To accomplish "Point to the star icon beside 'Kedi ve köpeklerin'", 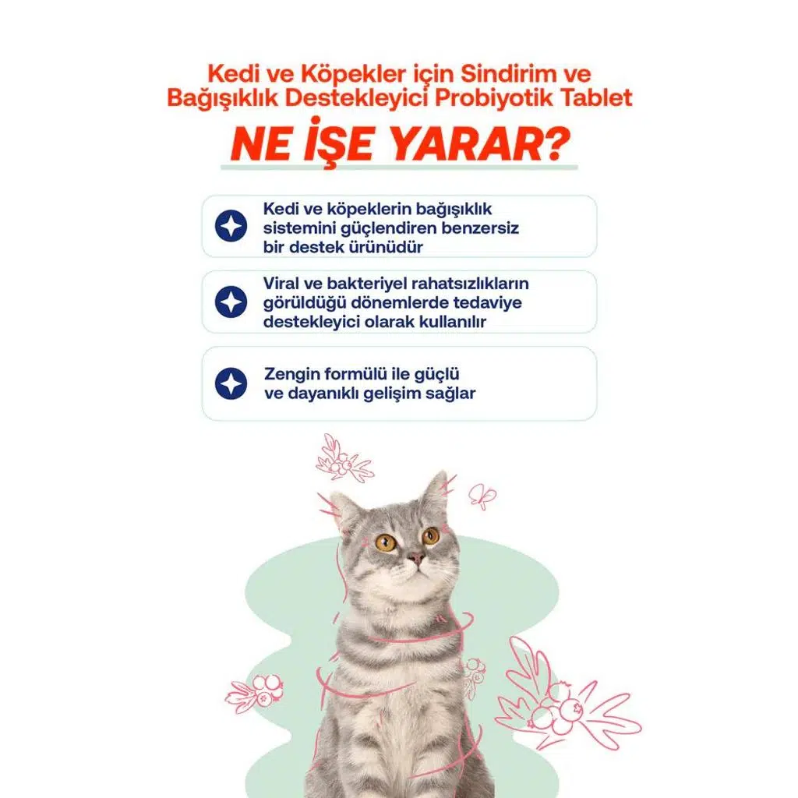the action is [231, 226].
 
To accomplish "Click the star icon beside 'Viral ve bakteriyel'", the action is [231, 302].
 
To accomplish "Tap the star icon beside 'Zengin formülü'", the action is [231, 383].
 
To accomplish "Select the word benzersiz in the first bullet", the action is [480, 228].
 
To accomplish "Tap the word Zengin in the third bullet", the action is [292, 375].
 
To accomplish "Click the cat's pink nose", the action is [416, 557].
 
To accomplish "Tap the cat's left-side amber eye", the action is [386, 542].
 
